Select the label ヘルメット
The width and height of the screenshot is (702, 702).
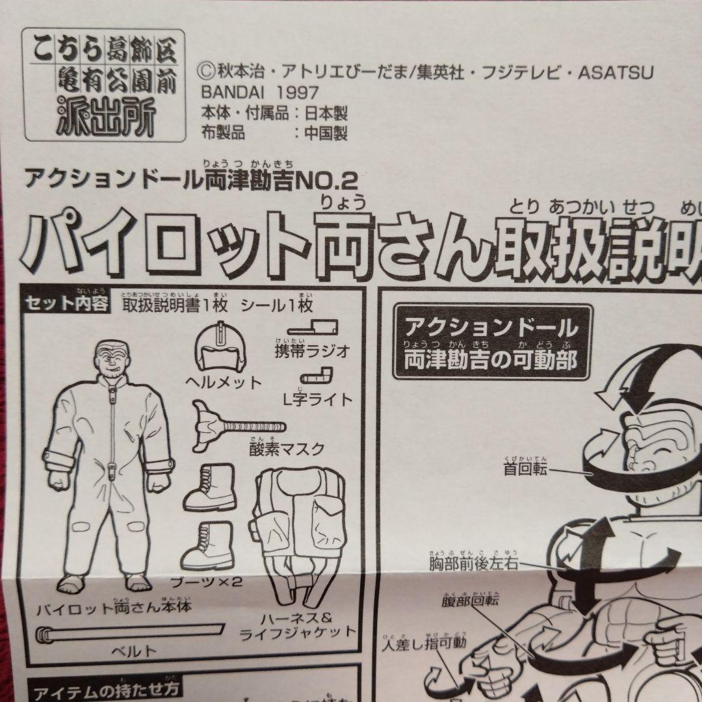pos(221,383)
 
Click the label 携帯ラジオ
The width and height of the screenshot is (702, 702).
pos(313,352)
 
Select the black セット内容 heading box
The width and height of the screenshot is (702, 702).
pos(66,304)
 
